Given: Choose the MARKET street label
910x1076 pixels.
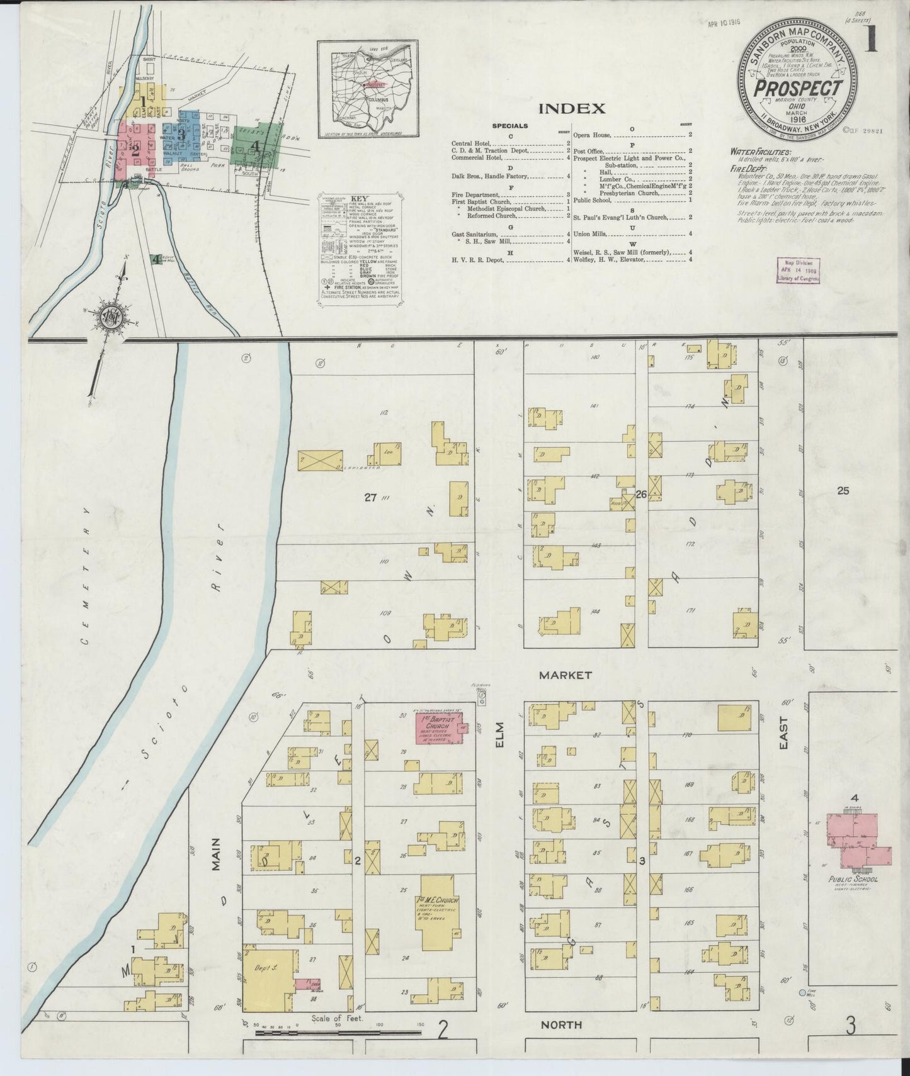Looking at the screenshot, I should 565,675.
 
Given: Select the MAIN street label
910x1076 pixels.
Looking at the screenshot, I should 216,853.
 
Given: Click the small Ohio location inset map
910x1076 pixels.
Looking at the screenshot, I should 367,89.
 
